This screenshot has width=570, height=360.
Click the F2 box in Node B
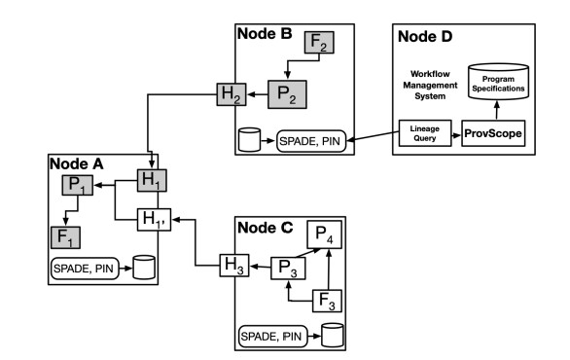319,44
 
